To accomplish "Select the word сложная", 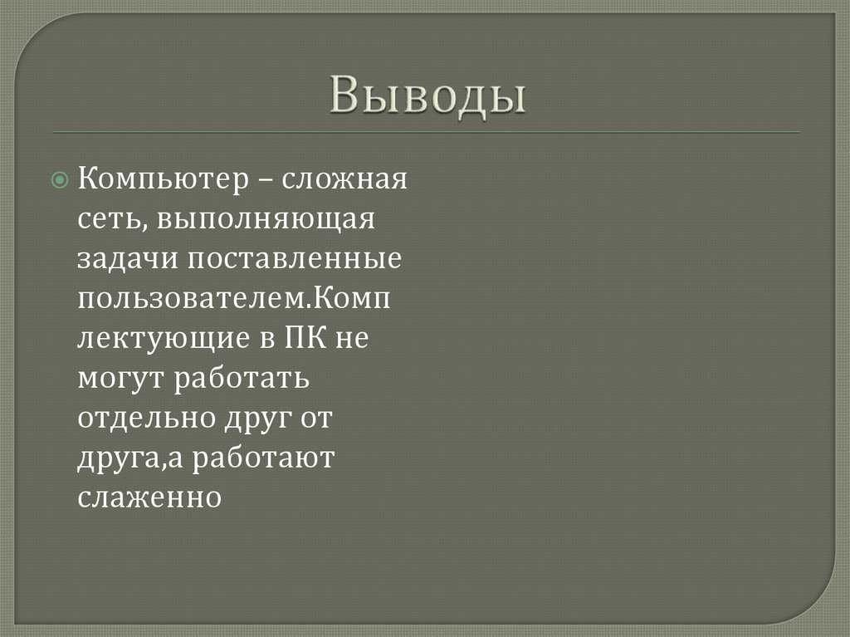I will [x=345, y=179].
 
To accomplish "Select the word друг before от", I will [x=257, y=419].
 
